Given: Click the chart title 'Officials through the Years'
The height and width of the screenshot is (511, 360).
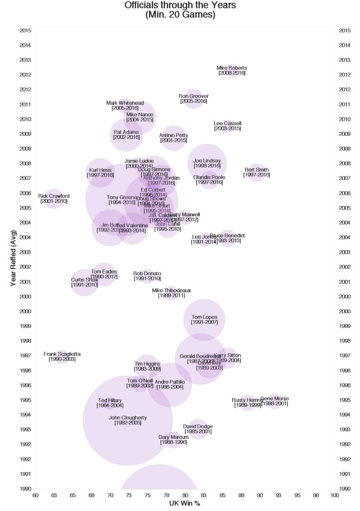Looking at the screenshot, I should (180, 5).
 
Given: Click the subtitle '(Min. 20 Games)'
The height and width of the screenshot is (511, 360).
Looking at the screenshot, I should (180, 15).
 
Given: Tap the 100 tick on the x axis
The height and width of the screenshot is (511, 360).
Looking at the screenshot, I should (334, 495).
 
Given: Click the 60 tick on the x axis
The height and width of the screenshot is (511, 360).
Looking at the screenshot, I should (35, 495).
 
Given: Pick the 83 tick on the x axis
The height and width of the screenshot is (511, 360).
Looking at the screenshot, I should (203, 495).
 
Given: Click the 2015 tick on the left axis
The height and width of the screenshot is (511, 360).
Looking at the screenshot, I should (25, 31).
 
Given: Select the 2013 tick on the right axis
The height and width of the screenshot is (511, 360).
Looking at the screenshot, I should (345, 60).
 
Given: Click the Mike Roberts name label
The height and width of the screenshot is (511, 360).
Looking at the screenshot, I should (232, 68).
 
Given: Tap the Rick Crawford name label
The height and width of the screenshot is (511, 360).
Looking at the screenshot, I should (54, 196).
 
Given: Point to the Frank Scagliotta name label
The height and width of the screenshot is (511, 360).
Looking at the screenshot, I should (62, 354).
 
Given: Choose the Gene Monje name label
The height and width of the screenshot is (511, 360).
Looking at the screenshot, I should (274, 399).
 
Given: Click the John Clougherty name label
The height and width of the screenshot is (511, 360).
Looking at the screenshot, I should (128, 417).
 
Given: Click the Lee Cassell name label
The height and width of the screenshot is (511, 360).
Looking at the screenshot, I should (227, 123).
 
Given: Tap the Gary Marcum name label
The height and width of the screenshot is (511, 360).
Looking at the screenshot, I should (173, 437).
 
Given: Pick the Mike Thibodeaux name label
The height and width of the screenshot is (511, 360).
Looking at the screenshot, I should (171, 291).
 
